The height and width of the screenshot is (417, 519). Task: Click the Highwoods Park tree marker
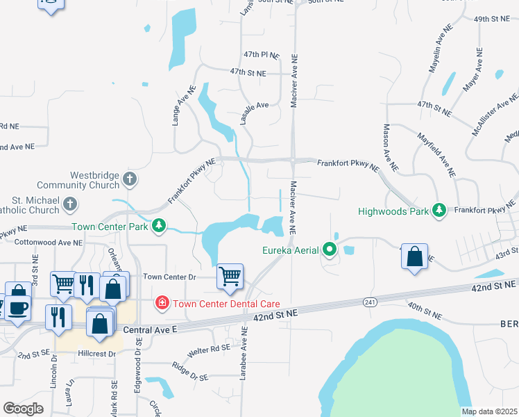439,210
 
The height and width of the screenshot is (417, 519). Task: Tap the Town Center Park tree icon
160,226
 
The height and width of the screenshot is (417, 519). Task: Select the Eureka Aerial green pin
330,250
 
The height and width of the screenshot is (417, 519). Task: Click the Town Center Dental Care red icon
162,303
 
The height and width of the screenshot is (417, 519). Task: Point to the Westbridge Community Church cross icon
129,180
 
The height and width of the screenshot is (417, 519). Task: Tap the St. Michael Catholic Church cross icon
70,204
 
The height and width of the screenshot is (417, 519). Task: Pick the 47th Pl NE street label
261,54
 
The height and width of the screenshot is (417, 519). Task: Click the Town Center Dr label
171,277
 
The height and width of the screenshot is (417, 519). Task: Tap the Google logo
23,409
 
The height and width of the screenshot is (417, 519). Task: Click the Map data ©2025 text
489,411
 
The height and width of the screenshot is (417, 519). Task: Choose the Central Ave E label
152,327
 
